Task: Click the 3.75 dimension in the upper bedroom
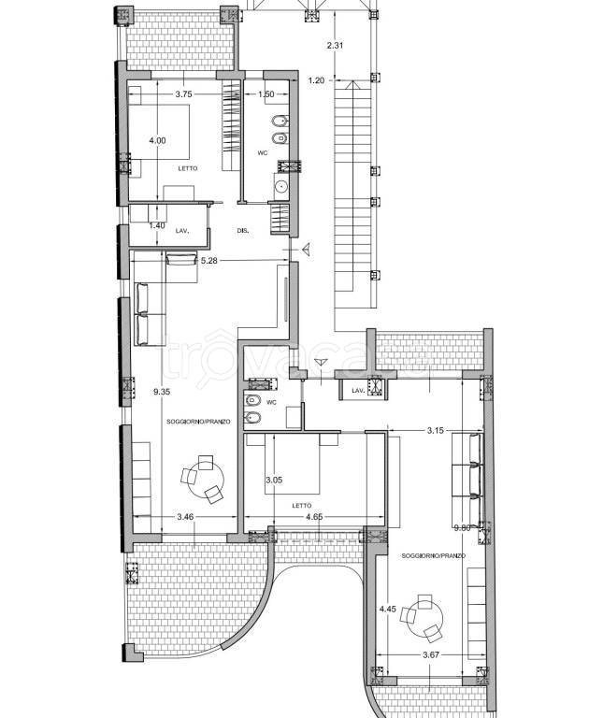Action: click(x=183, y=94)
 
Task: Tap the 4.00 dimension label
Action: click(x=157, y=140)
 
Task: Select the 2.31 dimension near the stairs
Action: click(x=336, y=45)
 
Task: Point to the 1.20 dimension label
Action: click(x=316, y=80)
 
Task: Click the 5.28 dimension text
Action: click(x=209, y=261)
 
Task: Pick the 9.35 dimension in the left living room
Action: click(x=162, y=392)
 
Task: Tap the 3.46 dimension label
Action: click(x=185, y=517)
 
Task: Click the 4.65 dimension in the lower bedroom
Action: click(x=314, y=517)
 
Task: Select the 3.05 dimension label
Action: click(x=274, y=481)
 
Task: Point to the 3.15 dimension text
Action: click(x=435, y=430)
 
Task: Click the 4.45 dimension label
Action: click(x=387, y=609)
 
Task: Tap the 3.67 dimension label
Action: click(x=431, y=655)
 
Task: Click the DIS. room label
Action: click(x=243, y=231)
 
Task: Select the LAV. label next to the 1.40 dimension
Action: click(x=182, y=231)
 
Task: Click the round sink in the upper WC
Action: click(x=280, y=186)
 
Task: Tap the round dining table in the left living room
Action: click(x=206, y=481)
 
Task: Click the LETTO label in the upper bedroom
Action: click(x=188, y=168)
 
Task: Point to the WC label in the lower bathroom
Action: click(x=272, y=403)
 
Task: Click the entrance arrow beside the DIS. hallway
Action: click(x=307, y=249)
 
